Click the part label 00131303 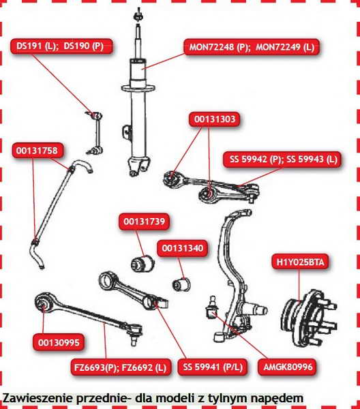(x=215, y=119)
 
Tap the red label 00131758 (x=37, y=151)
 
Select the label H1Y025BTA (x=300, y=262)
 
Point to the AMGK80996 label (x=288, y=367)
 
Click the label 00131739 (x=145, y=222)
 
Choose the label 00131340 (x=182, y=248)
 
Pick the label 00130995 (x=59, y=342)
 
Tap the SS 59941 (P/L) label (x=213, y=367)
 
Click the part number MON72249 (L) (x=285, y=48)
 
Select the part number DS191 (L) (x=36, y=46)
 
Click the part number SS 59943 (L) (x=312, y=159)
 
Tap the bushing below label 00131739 (x=142, y=263)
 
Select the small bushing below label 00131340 (x=181, y=284)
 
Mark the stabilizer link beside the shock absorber (x=95, y=132)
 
